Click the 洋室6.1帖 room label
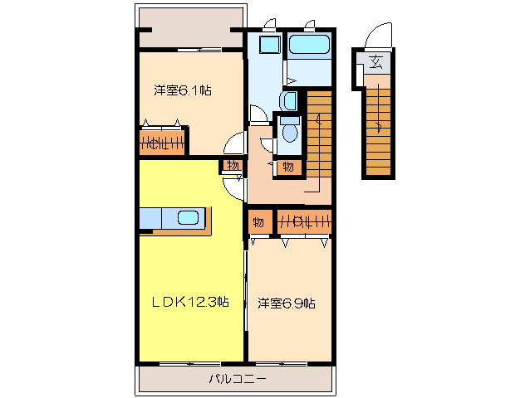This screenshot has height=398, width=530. coord(181,90)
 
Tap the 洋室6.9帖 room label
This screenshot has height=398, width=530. coord(285,303)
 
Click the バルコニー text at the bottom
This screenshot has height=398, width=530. coord(237,380)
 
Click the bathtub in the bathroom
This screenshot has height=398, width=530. coord(309,45)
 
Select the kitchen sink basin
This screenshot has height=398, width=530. coord(189,218)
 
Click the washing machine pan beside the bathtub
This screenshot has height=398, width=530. coord(269,45)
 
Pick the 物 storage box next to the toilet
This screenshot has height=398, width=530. coord(287,167)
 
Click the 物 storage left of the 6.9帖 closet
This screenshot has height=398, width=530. coord(258,222)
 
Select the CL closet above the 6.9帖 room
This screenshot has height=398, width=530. coord(303,222)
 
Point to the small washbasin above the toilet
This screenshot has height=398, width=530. coord(287,101)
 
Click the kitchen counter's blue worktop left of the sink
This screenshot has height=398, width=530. coord(155,218)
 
